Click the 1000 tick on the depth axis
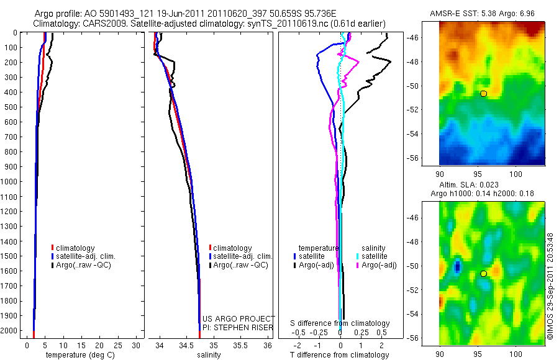(x=8, y=182)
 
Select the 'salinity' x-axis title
(x=209, y=355)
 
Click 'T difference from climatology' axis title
(x=339, y=355)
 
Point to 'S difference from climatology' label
(x=340, y=323)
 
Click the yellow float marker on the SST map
(x=483, y=93)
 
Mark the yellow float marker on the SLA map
(x=483, y=273)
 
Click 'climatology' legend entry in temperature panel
(x=75, y=248)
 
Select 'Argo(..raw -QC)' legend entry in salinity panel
(x=240, y=265)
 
